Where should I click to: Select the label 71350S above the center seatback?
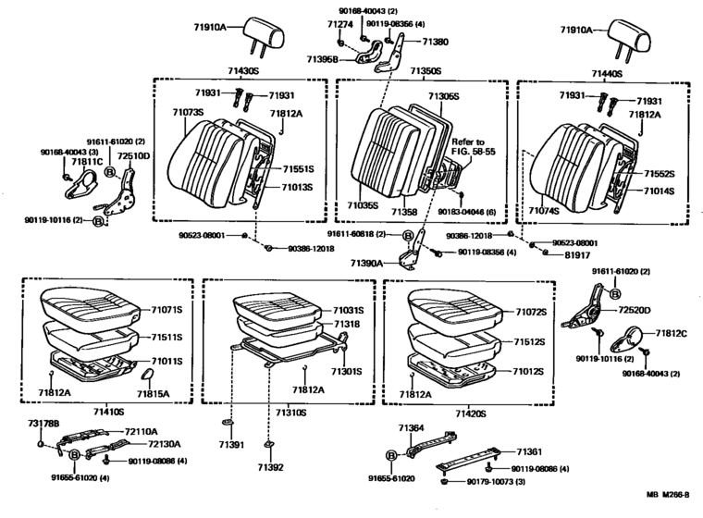425,71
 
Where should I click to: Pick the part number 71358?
403,212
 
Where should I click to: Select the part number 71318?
320,326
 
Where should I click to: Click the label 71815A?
153,395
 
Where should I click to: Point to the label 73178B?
42,423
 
